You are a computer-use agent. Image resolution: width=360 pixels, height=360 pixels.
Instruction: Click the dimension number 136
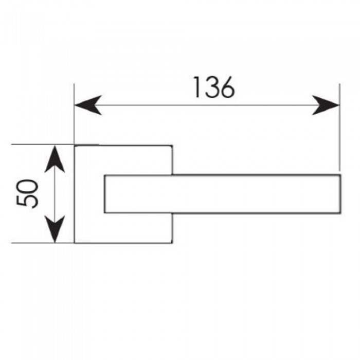214,87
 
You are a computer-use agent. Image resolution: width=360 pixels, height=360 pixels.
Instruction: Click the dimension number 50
27,193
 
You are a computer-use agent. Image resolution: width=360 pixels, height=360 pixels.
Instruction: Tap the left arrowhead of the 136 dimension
88,105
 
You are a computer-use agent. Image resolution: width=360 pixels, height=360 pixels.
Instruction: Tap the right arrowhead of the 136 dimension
326,105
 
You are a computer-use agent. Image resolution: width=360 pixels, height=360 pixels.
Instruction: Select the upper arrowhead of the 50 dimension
55,159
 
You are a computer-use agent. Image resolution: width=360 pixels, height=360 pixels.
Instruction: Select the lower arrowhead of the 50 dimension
55,229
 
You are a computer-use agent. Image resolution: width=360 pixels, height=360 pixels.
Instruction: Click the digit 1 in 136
196,87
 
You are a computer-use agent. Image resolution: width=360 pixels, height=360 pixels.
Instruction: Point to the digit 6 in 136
227,87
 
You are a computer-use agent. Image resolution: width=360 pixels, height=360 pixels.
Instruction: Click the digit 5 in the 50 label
27,201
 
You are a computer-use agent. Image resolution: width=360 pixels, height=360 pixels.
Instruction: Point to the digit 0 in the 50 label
27,186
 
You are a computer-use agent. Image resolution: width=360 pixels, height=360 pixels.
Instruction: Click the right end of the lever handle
340,194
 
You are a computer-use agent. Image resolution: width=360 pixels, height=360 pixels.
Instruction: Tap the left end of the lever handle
105,194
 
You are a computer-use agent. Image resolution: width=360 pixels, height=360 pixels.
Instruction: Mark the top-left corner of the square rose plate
75,146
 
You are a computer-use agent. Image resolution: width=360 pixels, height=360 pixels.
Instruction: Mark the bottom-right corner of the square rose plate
172,242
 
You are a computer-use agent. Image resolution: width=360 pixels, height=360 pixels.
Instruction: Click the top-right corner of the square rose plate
172,146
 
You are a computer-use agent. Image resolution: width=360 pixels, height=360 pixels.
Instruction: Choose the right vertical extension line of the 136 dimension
339,128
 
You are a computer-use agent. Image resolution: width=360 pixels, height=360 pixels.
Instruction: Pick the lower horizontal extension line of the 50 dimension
43,243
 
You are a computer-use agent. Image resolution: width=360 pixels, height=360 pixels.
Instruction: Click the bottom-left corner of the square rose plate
75,242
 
